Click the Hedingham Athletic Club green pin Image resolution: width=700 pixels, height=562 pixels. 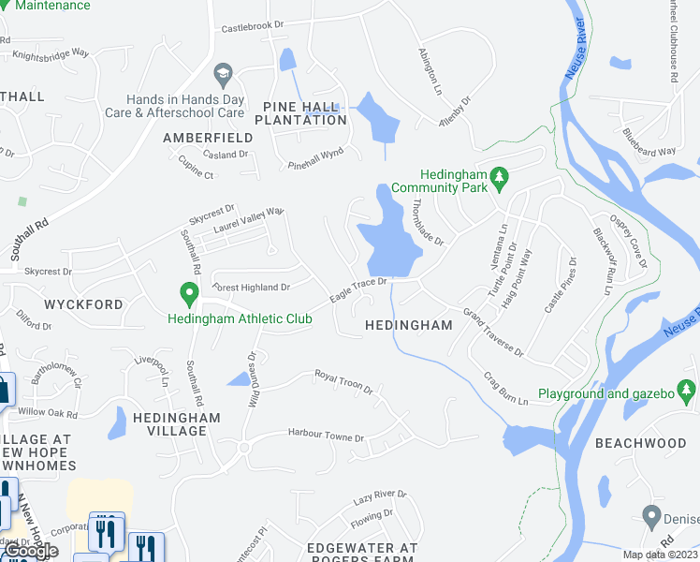tap(189, 296)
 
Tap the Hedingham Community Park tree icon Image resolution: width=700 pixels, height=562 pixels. tap(500, 175)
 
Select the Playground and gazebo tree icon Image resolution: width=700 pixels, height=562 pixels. tap(688, 388)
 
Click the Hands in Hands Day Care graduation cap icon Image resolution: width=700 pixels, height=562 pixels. tap(223, 73)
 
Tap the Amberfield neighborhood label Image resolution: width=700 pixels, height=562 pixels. tap(207, 138)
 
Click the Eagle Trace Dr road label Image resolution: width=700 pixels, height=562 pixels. tap(358, 288)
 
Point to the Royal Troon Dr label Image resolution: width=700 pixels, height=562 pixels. tap(343, 382)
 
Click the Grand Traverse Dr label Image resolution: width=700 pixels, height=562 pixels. tap(493, 332)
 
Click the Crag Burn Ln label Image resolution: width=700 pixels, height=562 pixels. tap(506, 387)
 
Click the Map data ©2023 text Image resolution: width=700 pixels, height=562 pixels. tap(661, 555)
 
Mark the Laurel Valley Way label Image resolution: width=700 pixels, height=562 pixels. tap(248, 221)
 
